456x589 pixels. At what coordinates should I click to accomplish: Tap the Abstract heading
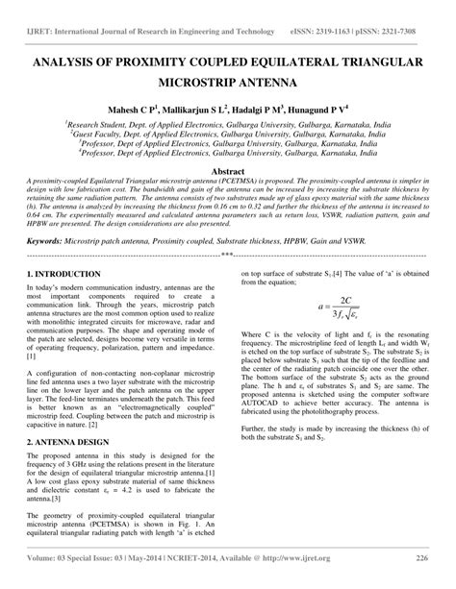coord(228,169)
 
